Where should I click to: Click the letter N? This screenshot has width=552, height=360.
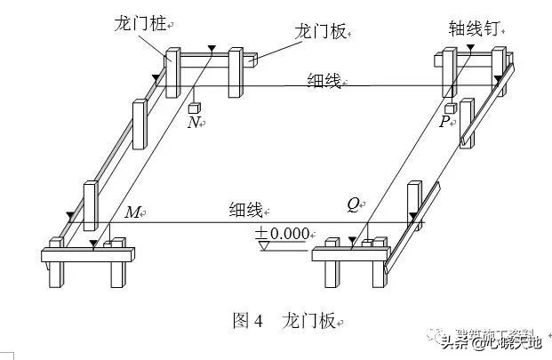[193, 124]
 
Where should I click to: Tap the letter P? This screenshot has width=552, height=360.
[444, 122]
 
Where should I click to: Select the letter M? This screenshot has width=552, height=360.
[132, 212]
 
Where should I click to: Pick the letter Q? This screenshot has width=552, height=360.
[354, 204]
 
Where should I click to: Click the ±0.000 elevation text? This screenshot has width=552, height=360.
[283, 233]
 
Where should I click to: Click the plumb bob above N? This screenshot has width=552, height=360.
[195, 108]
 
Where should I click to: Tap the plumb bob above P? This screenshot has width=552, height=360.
[451, 108]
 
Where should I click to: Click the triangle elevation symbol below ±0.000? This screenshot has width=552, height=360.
[263, 244]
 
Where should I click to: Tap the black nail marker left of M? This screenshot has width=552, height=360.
[70, 216]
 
